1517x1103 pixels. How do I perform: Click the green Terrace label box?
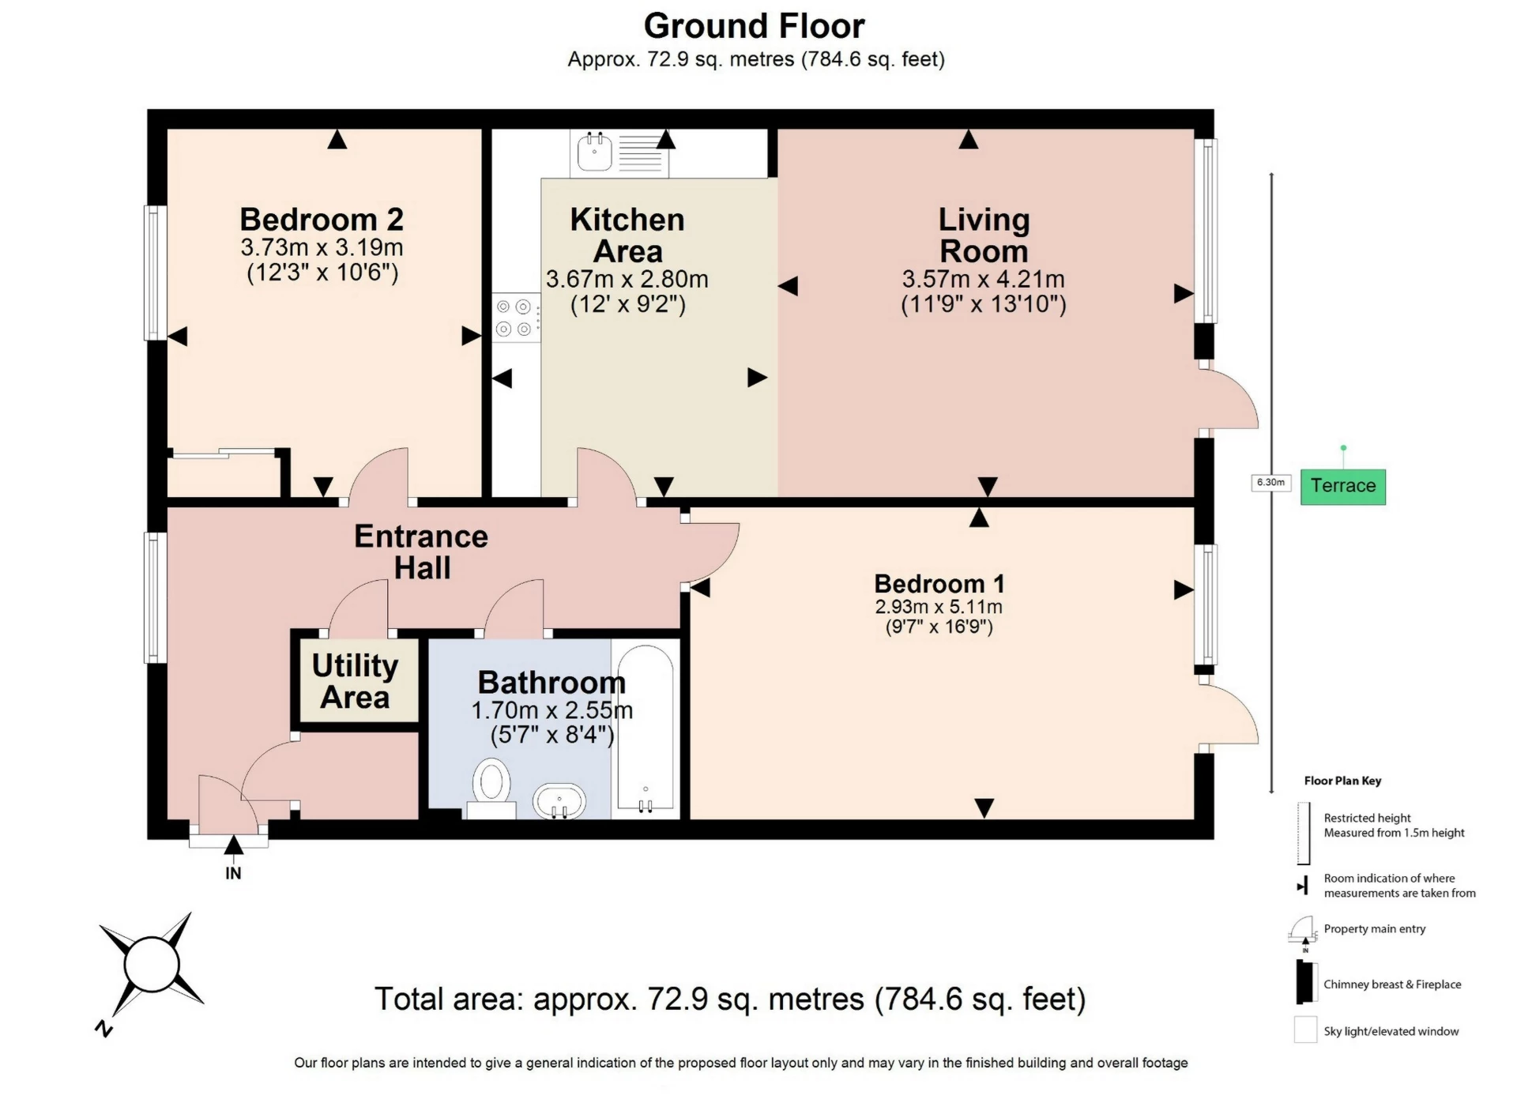pyautogui.click(x=1342, y=485)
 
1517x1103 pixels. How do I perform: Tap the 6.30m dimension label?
pyautogui.click(x=1270, y=482)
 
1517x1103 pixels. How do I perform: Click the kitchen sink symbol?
pyautogui.click(x=594, y=152)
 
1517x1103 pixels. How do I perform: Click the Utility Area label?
pyautogui.click(x=355, y=681)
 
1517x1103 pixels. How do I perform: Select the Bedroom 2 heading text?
pyautogui.click(x=322, y=219)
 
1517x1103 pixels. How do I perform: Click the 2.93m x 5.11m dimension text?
pyautogui.click(x=938, y=607)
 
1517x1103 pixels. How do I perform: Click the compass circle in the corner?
pyautogui.click(x=152, y=964)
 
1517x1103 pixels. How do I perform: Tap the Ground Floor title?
pyautogui.click(x=754, y=25)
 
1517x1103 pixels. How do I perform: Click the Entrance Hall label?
pyautogui.click(x=421, y=551)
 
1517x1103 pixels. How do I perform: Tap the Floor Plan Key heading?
pyautogui.click(x=1342, y=781)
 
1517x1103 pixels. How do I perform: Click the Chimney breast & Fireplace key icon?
pyautogui.click(x=1305, y=983)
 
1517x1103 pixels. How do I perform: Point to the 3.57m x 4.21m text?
pyautogui.click(x=983, y=279)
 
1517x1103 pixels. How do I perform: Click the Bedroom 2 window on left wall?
pyautogui.click(x=155, y=273)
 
